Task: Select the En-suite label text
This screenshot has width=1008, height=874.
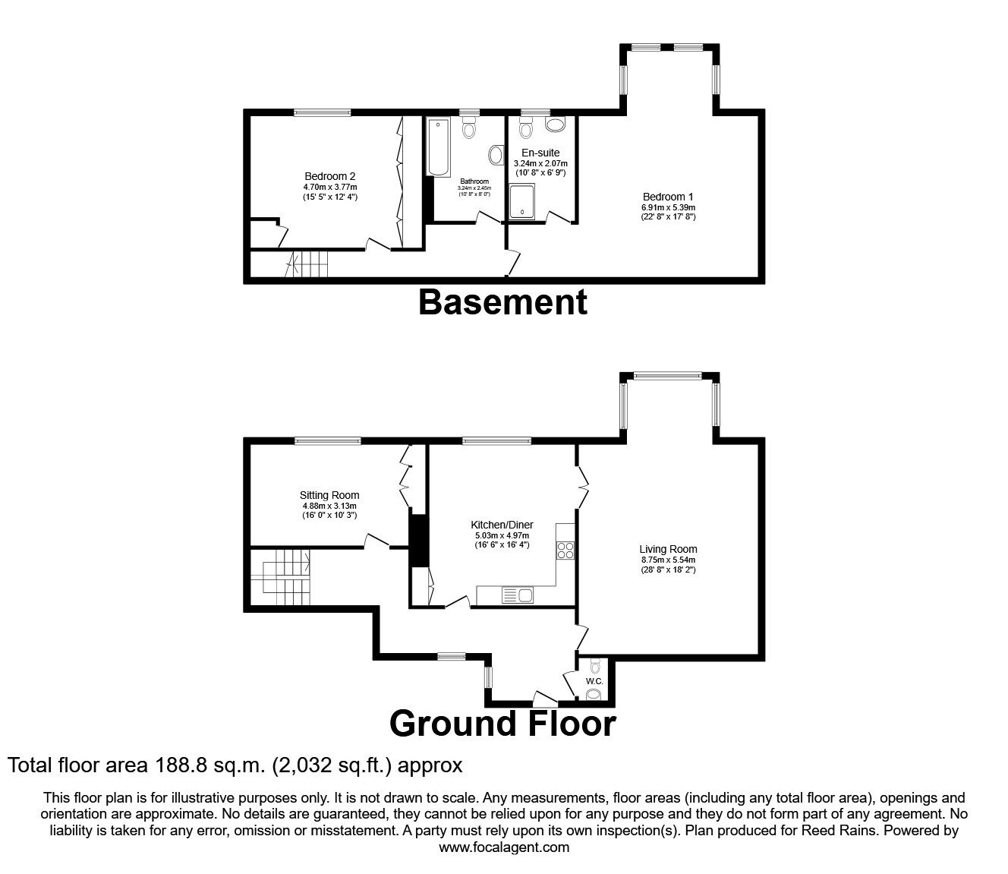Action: [540, 153]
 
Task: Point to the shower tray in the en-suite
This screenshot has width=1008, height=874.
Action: [522, 200]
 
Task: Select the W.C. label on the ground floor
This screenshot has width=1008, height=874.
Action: [594, 681]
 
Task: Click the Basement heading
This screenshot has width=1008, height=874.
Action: [502, 302]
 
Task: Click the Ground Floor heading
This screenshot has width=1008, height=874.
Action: [502, 723]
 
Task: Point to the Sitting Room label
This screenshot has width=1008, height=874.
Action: [329, 495]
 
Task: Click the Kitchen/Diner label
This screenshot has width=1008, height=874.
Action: [502, 525]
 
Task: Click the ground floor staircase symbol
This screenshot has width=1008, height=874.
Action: [285, 579]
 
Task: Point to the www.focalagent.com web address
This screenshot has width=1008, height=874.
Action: [504, 847]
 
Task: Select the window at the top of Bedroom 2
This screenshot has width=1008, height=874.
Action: [323, 114]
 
